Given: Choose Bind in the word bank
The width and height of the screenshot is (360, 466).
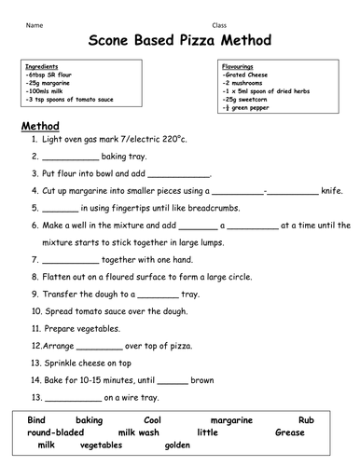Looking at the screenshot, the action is [x=36, y=421].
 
